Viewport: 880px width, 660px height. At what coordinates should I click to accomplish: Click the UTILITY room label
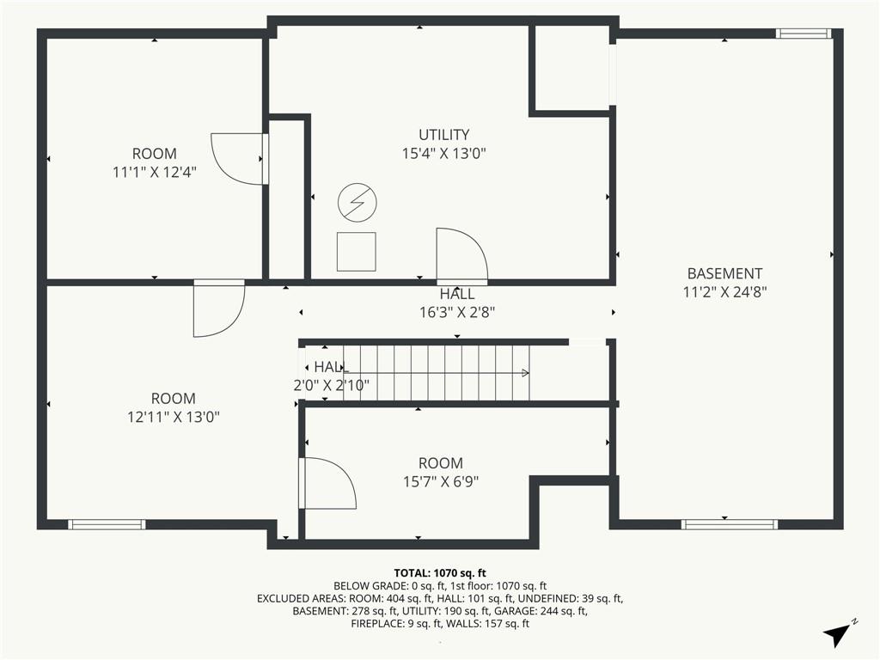443,135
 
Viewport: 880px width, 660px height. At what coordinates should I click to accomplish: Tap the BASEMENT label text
724,274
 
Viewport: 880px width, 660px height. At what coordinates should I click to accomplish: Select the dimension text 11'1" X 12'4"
155,172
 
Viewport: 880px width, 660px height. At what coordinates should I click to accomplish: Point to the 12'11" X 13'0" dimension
174,417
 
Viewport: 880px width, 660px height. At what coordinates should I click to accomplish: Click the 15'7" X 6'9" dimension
441,481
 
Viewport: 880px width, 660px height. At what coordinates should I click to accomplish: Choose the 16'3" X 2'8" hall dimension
457,312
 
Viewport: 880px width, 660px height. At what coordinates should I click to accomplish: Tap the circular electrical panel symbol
357,202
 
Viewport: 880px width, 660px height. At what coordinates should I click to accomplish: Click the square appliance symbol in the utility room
357,252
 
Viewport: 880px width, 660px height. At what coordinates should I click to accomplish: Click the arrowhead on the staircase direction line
525,373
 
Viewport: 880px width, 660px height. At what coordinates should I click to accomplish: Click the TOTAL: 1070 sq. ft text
440,573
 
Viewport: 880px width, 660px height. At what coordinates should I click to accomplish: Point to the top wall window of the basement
804,34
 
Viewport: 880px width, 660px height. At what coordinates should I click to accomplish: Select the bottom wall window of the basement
730,525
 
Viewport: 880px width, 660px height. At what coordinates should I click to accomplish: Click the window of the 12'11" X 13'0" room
107,525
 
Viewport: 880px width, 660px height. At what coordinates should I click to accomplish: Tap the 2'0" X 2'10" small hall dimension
331,386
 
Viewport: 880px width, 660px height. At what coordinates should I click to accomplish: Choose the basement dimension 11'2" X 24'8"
724,292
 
